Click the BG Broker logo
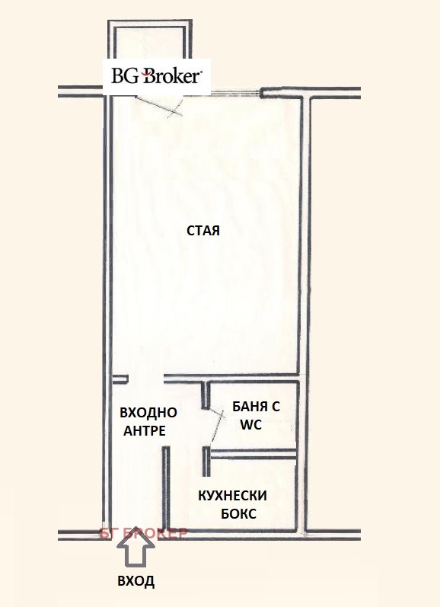click(156, 76)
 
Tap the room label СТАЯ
click(203, 231)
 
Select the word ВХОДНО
click(148, 413)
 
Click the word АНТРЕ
click(143, 430)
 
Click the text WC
click(250, 426)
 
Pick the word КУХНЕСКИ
click(233, 495)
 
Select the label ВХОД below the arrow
click(136, 582)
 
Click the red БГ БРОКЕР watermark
click(142, 533)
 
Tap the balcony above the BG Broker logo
click(147, 42)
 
